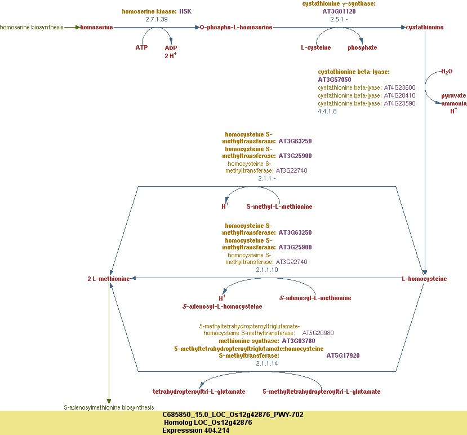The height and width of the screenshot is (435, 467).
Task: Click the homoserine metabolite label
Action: (x=96, y=27)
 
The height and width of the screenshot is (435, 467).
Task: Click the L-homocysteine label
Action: (x=424, y=279)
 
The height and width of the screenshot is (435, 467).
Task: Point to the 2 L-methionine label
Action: (x=109, y=279)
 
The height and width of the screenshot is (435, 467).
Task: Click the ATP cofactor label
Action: (x=141, y=47)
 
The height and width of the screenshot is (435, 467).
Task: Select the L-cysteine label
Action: (x=315, y=47)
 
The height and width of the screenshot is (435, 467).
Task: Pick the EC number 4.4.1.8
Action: (x=327, y=111)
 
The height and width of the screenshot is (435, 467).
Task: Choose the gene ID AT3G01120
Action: (x=340, y=11)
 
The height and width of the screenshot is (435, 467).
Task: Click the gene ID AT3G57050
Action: (x=335, y=80)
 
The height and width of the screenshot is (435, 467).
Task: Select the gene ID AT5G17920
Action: (x=343, y=355)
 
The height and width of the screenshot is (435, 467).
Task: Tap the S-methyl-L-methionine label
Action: (x=279, y=206)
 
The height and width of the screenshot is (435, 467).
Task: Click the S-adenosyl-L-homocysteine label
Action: (x=223, y=306)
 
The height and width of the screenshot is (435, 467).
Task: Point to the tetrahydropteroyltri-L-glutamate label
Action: (x=199, y=391)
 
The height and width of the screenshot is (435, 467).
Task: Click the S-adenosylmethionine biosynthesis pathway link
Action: (x=108, y=407)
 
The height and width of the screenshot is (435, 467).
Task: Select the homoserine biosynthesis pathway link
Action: (x=32, y=27)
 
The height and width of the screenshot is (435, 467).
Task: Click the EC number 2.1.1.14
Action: (x=267, y=364)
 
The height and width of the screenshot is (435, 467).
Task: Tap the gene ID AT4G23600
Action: (x=399, y=87)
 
